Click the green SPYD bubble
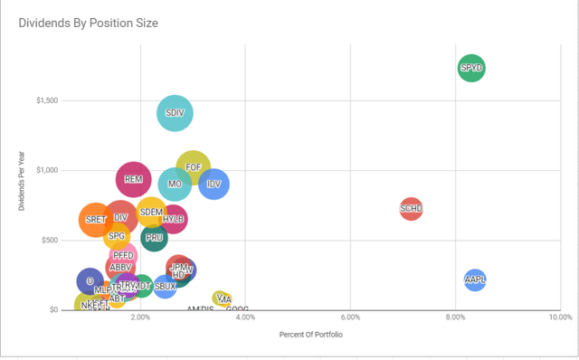pos(471,67)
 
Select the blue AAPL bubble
pos(475,279)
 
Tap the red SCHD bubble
pos(411,209)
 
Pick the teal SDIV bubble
pos(176,113)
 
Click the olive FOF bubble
pos(193,167)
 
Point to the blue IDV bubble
pos(214,184)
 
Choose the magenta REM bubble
pos(133,179)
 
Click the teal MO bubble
pos(176,184)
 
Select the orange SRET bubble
pos(95,219)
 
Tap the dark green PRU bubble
pos(155,238)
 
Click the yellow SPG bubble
pos(117,236)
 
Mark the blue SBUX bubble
pos(165,286)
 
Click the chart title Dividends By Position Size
pos(88,23)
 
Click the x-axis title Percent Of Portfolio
pos(312,335)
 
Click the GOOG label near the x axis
pos(237,309)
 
